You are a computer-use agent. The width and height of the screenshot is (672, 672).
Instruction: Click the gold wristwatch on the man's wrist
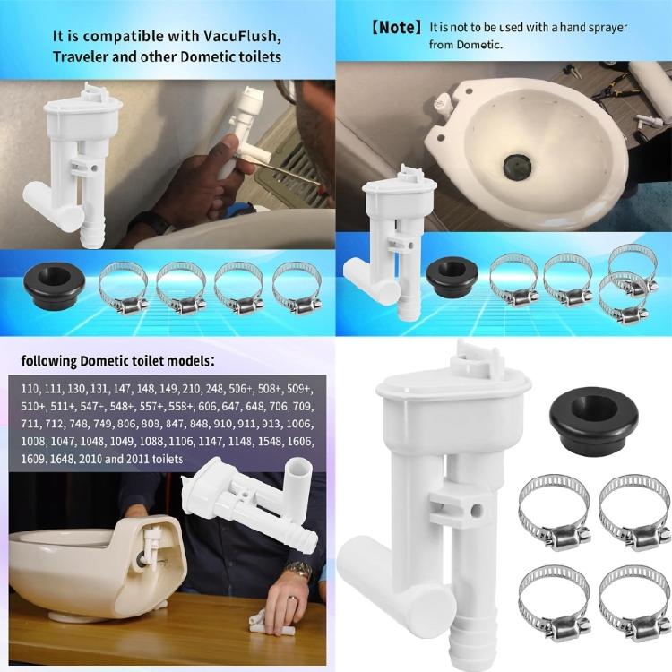tap(298, 571)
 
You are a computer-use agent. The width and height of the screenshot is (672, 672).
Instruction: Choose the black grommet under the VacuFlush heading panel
tap(61, 280)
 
